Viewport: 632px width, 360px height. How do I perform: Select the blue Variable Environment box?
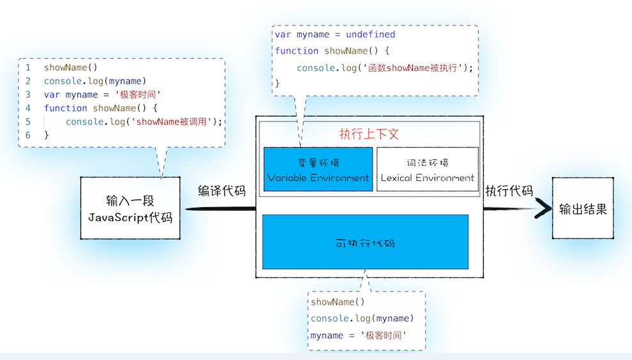coord(318,169)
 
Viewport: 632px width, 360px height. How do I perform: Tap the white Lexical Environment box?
coord(427,169)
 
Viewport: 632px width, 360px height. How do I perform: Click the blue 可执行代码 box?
coord(366,242)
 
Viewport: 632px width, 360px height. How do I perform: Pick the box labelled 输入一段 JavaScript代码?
coord(130,208)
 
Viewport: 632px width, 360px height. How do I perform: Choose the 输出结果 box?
coord(583,208)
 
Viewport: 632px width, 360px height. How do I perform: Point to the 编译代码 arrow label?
coord(222,191)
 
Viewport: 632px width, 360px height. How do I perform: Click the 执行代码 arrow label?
coord(509,191)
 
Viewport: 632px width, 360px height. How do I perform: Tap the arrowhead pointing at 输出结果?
coord(543,208)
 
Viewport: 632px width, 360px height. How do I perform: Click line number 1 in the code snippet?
coord(28,67)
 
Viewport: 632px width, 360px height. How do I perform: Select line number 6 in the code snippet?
coord(28,135)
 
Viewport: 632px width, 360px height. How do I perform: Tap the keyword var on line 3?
coord(52,95)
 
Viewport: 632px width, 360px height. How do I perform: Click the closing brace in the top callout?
coord(277,83)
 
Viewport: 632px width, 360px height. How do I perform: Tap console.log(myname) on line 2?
coord(95,81)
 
